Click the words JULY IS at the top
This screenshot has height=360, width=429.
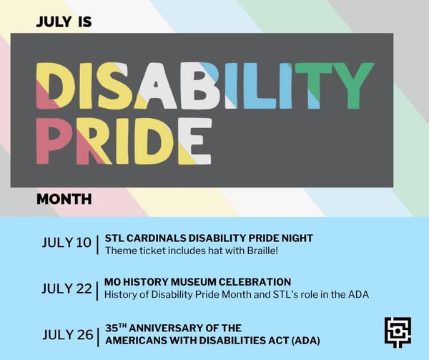64,21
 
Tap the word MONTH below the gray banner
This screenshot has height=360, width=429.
64,199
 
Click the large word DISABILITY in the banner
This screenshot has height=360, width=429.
205,86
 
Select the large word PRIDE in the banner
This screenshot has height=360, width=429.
124,141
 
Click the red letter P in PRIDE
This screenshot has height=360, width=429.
54,141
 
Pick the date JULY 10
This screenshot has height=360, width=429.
66,243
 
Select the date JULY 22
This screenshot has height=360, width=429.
66,288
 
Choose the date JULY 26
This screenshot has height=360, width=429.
68,334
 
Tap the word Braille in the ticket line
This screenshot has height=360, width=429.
262,250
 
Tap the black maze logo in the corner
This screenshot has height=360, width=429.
398,333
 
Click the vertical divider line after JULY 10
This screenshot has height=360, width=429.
97,245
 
